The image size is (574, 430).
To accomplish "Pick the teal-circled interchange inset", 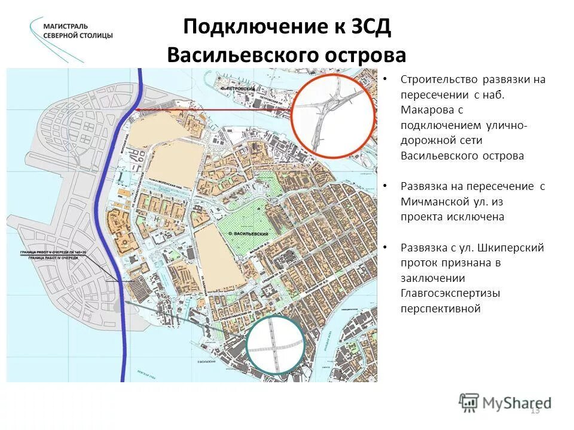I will click(x=276, y=346).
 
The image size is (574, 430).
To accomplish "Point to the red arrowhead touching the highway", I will click(x=136, y=110).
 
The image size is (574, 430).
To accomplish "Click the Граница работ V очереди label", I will click(x=53, y=253).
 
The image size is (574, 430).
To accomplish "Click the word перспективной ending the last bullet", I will click(x=441, y=309).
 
